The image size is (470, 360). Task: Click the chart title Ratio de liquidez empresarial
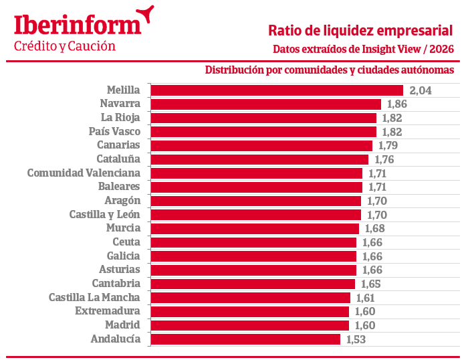(x=360, y=31)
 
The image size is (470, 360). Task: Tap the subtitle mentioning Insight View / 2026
(x=363, y=49)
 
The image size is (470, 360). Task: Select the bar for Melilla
(x=277, y=90)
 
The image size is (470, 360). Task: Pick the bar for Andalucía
(x=245, y=339)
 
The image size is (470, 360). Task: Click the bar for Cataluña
(x=259, y=159)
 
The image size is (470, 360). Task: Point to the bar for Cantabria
(x=253, y=284)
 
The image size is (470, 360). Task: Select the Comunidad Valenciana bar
(x=256, y=173)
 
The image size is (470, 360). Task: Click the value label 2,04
(x=421, y=90)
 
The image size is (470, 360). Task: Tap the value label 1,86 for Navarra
(x=395, y=104)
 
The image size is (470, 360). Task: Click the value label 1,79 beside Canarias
(x=388, y=145)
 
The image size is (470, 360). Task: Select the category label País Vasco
(x=114, y=131)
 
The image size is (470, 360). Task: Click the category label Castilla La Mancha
(x=94, y=297)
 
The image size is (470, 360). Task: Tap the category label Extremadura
(x=107, y=311)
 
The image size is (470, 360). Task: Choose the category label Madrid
(x=122, y=325)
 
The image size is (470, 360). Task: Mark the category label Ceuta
(x=126, y=242)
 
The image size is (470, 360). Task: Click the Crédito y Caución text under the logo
(x=65, y=46)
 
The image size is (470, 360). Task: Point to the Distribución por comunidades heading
(x=330, y=70)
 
